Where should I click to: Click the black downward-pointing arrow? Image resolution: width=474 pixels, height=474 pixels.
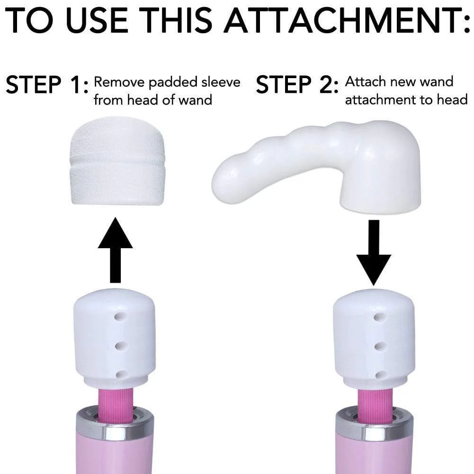374,251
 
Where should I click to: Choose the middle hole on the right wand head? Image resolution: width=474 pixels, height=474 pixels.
378,346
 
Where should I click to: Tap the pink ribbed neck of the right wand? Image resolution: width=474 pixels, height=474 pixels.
374,405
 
